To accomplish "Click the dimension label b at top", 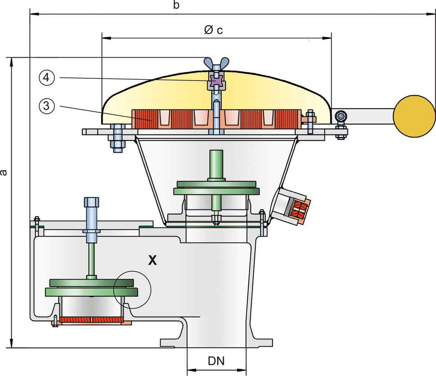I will coord(176,6).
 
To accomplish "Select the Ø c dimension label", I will coord(214,30).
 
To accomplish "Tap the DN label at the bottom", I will coord(216,361).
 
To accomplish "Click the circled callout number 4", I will coord(46,78).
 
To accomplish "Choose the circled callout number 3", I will coord(46,106).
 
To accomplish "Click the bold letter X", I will coord(153,260).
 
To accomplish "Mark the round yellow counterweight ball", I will coord(414,116).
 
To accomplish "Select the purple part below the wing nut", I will coord(216,82).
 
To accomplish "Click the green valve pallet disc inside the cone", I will coord(216,187).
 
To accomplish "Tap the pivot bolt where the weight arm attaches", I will coord(341,117).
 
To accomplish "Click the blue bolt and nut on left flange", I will coord(117,138).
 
